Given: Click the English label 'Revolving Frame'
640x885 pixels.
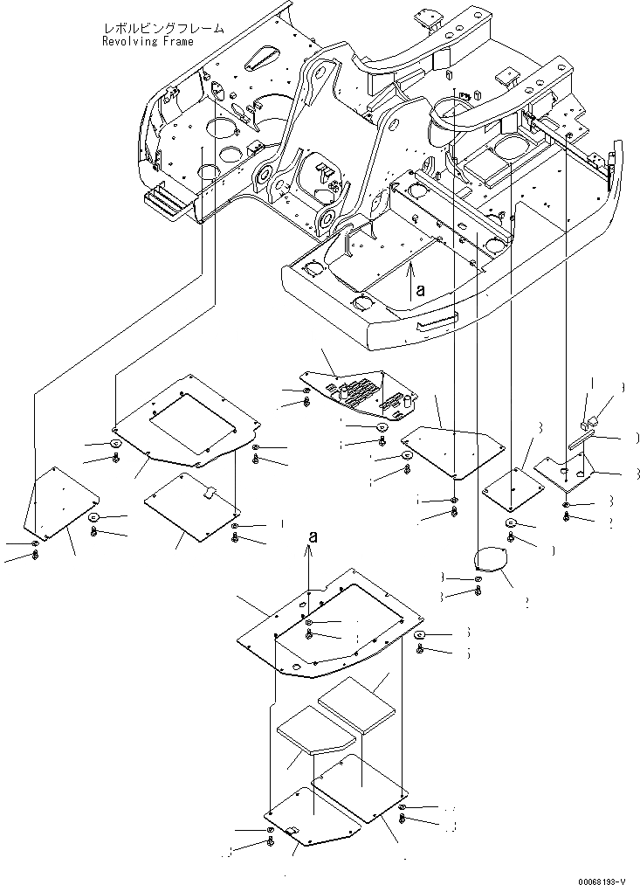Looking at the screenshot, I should pos(148,41).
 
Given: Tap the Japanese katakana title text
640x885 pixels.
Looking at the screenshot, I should pos(162,29).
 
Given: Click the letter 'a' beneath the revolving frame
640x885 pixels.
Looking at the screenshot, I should pos(420,292).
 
